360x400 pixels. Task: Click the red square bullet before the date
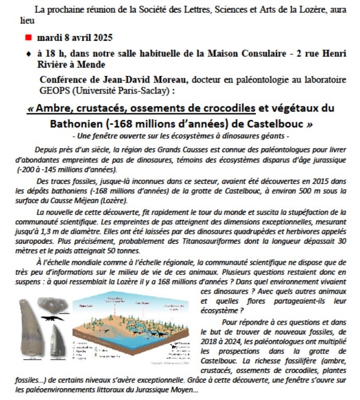(x=28, y=38)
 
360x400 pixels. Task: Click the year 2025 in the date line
(x=101, y=38)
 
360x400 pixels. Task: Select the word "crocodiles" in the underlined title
(x=227, y=108)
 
